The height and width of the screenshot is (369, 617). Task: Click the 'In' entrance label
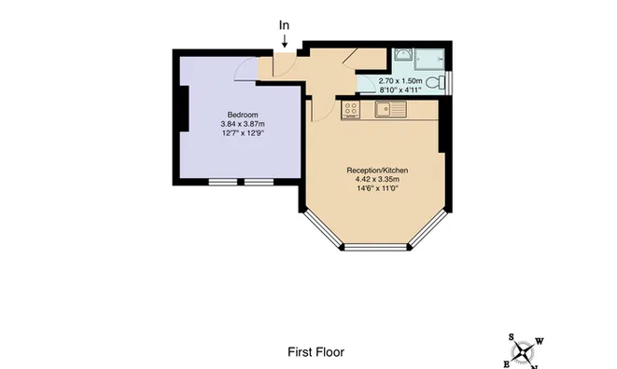284,25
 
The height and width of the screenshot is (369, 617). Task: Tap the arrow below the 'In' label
284,41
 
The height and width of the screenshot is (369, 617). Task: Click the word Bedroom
243,115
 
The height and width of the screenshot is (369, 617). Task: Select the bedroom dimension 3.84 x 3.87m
243,124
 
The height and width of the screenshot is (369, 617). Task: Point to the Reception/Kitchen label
377,171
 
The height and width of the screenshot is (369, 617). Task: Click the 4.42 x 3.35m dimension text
378,179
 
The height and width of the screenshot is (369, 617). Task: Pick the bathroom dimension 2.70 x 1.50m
400,81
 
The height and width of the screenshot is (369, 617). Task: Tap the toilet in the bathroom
436,83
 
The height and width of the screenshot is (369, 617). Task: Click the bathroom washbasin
403,54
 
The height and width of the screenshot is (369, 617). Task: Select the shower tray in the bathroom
429,60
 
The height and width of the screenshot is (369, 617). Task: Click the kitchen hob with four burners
350,109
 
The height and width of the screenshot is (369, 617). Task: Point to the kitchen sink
390,109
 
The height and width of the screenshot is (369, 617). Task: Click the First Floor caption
316,352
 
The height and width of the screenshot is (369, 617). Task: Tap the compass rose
523,351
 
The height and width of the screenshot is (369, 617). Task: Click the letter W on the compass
540,341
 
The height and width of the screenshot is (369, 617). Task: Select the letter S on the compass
512,336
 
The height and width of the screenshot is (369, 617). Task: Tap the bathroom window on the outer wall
451,83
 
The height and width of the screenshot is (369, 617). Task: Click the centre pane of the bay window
376,247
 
